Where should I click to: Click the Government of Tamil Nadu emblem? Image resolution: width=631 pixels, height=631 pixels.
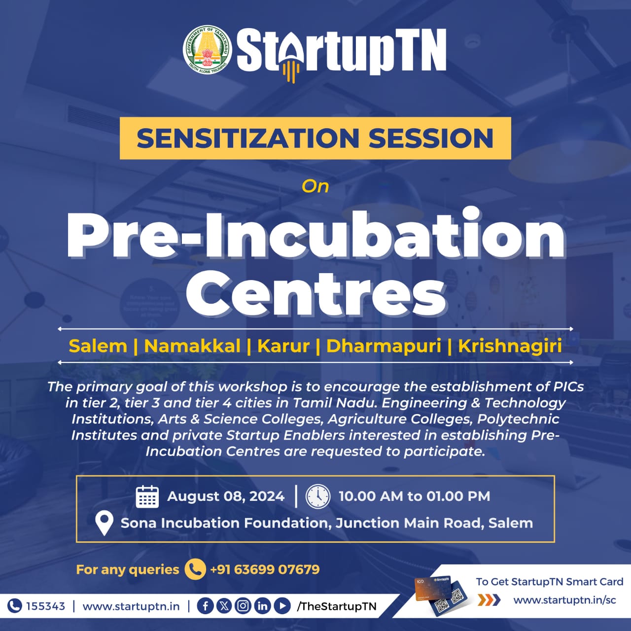tap(207, 49)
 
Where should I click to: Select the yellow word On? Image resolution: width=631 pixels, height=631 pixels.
tap(315, 186)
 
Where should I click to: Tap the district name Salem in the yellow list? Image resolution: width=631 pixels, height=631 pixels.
tap(98, 346)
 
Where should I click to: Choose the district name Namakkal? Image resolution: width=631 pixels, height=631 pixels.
tap(192, 346)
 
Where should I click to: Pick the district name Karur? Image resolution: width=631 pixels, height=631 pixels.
tap(283, 346)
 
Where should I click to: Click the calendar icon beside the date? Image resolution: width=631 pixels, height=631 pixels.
tap(147, 496)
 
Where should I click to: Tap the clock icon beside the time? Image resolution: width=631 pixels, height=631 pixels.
tap(317, 496)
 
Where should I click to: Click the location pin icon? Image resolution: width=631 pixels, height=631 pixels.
tap(104, 524)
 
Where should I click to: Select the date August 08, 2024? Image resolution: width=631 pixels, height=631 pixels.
tap(226, 496)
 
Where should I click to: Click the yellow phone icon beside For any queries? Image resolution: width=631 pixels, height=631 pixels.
tap(195, 569)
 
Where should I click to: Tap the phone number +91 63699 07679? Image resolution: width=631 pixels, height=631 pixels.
tap(265, 569)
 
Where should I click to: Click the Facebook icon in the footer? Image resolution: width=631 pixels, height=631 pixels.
tap(205, 606)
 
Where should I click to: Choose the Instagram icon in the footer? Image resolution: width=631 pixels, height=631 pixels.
tap(243, 606)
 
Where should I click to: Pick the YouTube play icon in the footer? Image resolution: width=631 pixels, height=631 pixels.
tap(282, 606)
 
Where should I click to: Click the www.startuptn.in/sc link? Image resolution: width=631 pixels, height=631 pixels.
tap(565, 600)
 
